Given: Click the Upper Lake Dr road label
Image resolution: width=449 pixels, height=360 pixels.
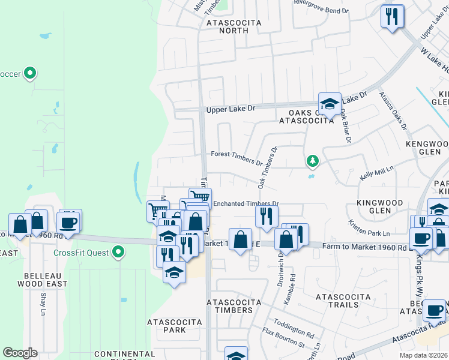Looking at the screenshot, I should [x=231, y=110].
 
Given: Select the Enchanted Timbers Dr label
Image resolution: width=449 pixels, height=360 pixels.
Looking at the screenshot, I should [x=246, y=203].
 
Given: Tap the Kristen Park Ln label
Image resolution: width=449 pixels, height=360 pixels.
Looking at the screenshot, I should [x=369, y=227].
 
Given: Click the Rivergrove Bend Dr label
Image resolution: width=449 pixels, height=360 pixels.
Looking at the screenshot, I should [x=321, y=10].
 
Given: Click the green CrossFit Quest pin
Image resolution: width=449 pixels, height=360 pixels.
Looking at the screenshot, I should [x=118, y=252].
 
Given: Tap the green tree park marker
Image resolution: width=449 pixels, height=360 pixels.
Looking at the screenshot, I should [x=312, y=161].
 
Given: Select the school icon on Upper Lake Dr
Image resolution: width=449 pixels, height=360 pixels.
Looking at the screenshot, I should [x=330, y=104].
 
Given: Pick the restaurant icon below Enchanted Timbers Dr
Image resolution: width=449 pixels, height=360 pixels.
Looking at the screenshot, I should [x=267, y=216].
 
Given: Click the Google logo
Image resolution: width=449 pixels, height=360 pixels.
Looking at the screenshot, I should [x=20, y=353].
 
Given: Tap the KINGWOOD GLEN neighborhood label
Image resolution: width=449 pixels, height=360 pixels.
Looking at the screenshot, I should [x=382, y=207].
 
